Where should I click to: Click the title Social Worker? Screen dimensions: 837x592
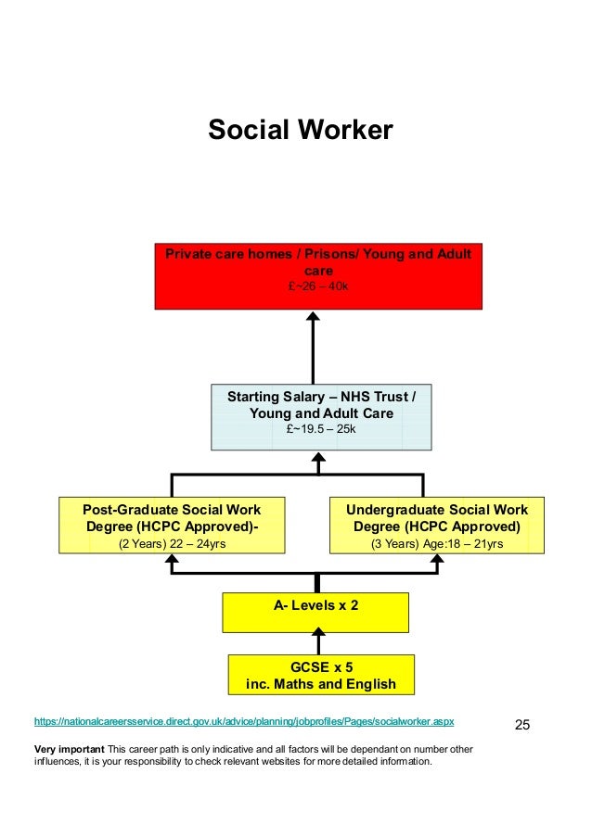(300, 130)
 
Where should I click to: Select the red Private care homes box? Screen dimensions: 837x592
(317, 275)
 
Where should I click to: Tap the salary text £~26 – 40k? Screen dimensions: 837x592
(318, 286)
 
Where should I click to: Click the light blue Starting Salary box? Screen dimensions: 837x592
(321, 417)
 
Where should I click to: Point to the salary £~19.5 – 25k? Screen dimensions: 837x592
(321, 429)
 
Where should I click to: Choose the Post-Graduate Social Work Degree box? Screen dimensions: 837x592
(172, 525)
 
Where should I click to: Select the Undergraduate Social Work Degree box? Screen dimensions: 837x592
(436, 525)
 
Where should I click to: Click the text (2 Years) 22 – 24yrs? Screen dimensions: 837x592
(172, 544)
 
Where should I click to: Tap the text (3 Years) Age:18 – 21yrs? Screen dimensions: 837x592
(436, 544)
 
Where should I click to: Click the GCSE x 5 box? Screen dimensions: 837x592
(320, 675)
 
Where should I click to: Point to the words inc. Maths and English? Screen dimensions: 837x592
(320, 685)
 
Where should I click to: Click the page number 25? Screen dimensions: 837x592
(521, 724)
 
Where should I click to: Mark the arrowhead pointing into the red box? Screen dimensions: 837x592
(314, 317)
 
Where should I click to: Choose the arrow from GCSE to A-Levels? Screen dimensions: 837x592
(318, 640)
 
